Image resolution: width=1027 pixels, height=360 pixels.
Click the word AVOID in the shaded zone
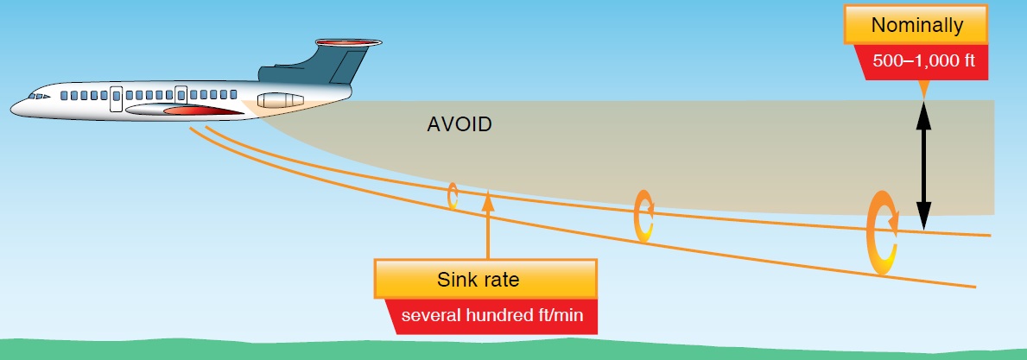(460, 124)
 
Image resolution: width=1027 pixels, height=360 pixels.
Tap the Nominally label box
(916, 26)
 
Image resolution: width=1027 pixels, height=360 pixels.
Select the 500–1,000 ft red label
(922, 62)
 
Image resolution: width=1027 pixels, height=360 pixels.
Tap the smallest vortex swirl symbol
(452, 196)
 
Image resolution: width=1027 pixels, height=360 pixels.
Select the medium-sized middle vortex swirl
(643, 215)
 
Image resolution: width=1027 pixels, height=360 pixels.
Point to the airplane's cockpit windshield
(36, 96)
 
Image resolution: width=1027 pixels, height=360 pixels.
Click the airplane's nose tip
(13, 108)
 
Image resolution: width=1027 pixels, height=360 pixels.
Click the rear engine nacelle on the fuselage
(277, 99)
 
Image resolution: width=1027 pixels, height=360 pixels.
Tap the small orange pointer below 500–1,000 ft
(922, 89)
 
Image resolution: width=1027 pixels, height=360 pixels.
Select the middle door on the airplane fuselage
(181, 94)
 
